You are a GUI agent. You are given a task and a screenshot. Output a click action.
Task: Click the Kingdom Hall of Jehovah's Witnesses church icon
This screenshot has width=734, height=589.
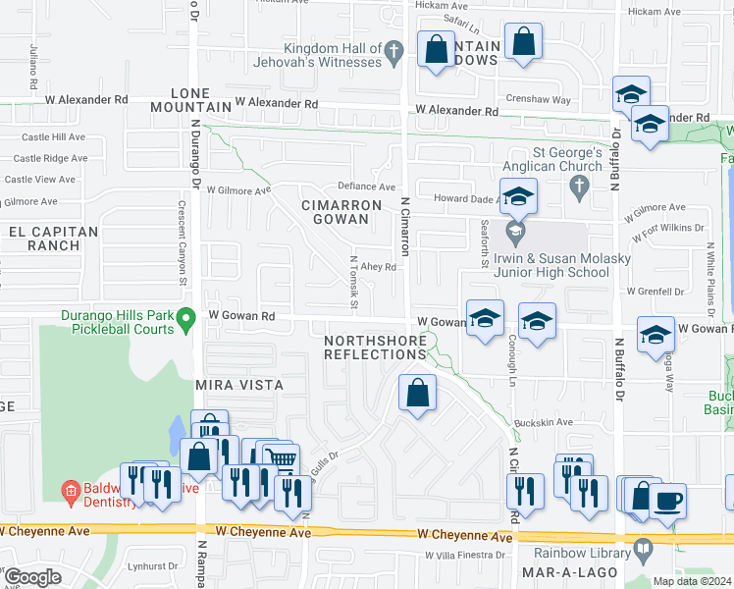[393, 50]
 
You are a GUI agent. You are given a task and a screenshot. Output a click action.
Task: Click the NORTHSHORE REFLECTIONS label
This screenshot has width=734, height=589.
[376, 347]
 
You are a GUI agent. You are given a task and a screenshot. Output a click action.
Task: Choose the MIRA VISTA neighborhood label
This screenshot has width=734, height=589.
[239, 386]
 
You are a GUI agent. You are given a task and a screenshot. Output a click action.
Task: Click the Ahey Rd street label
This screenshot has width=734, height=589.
[378, 266]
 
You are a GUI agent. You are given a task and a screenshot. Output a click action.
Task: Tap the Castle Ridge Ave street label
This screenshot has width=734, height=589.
[51, 158]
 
